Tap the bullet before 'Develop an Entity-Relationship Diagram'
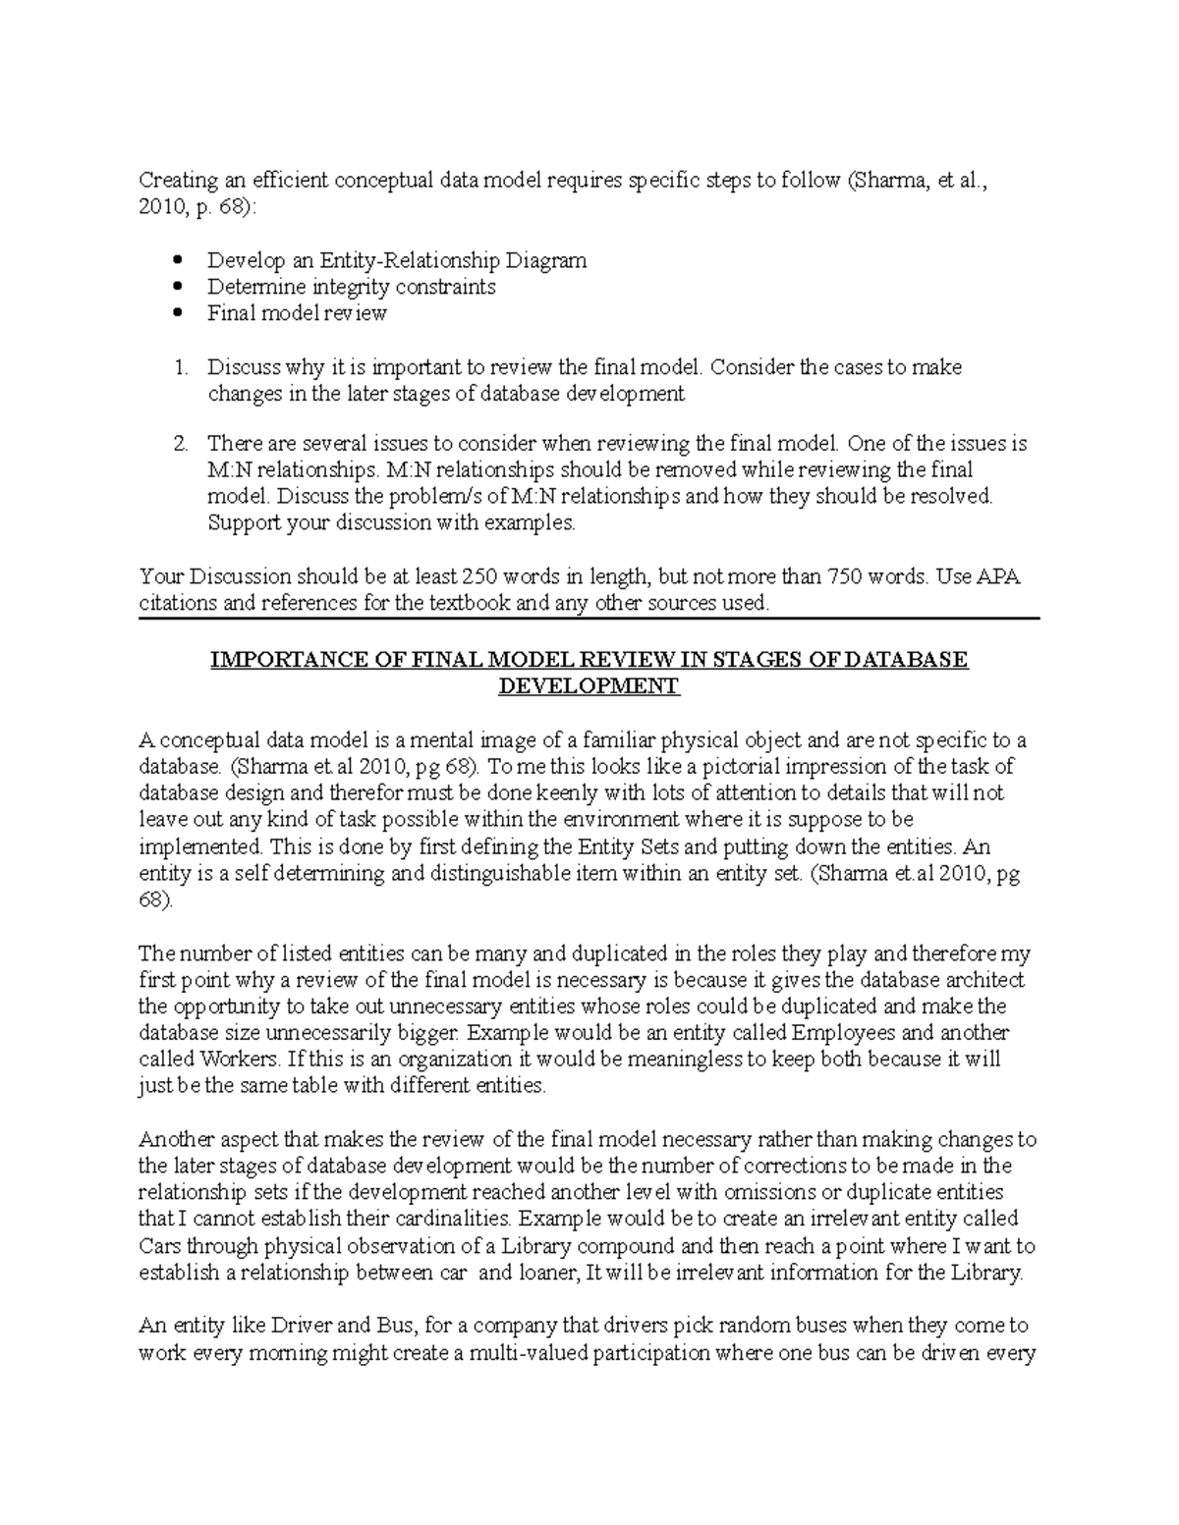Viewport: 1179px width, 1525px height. pyautogui.click(x=178, y=261)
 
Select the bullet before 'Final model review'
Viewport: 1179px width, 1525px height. pyautogui.click(x=178, y=314)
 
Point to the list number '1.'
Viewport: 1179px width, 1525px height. pyautogui.click(x=180, y=367)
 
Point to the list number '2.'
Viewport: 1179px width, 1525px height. pyautogui.click(x=180, y=444)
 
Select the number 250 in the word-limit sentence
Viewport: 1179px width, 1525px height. pyautogui.click(x=480, y=576)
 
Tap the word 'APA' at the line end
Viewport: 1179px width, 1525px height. pyautogui.click(x=997, y=576)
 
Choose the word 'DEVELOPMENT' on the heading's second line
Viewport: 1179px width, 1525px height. pyautogui.click(x=589, y=686)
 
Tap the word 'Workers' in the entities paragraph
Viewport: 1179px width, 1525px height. pyautogui.click(x=241, y=1060)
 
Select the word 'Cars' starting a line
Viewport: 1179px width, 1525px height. pyautogui.click(x=160, y=1246)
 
